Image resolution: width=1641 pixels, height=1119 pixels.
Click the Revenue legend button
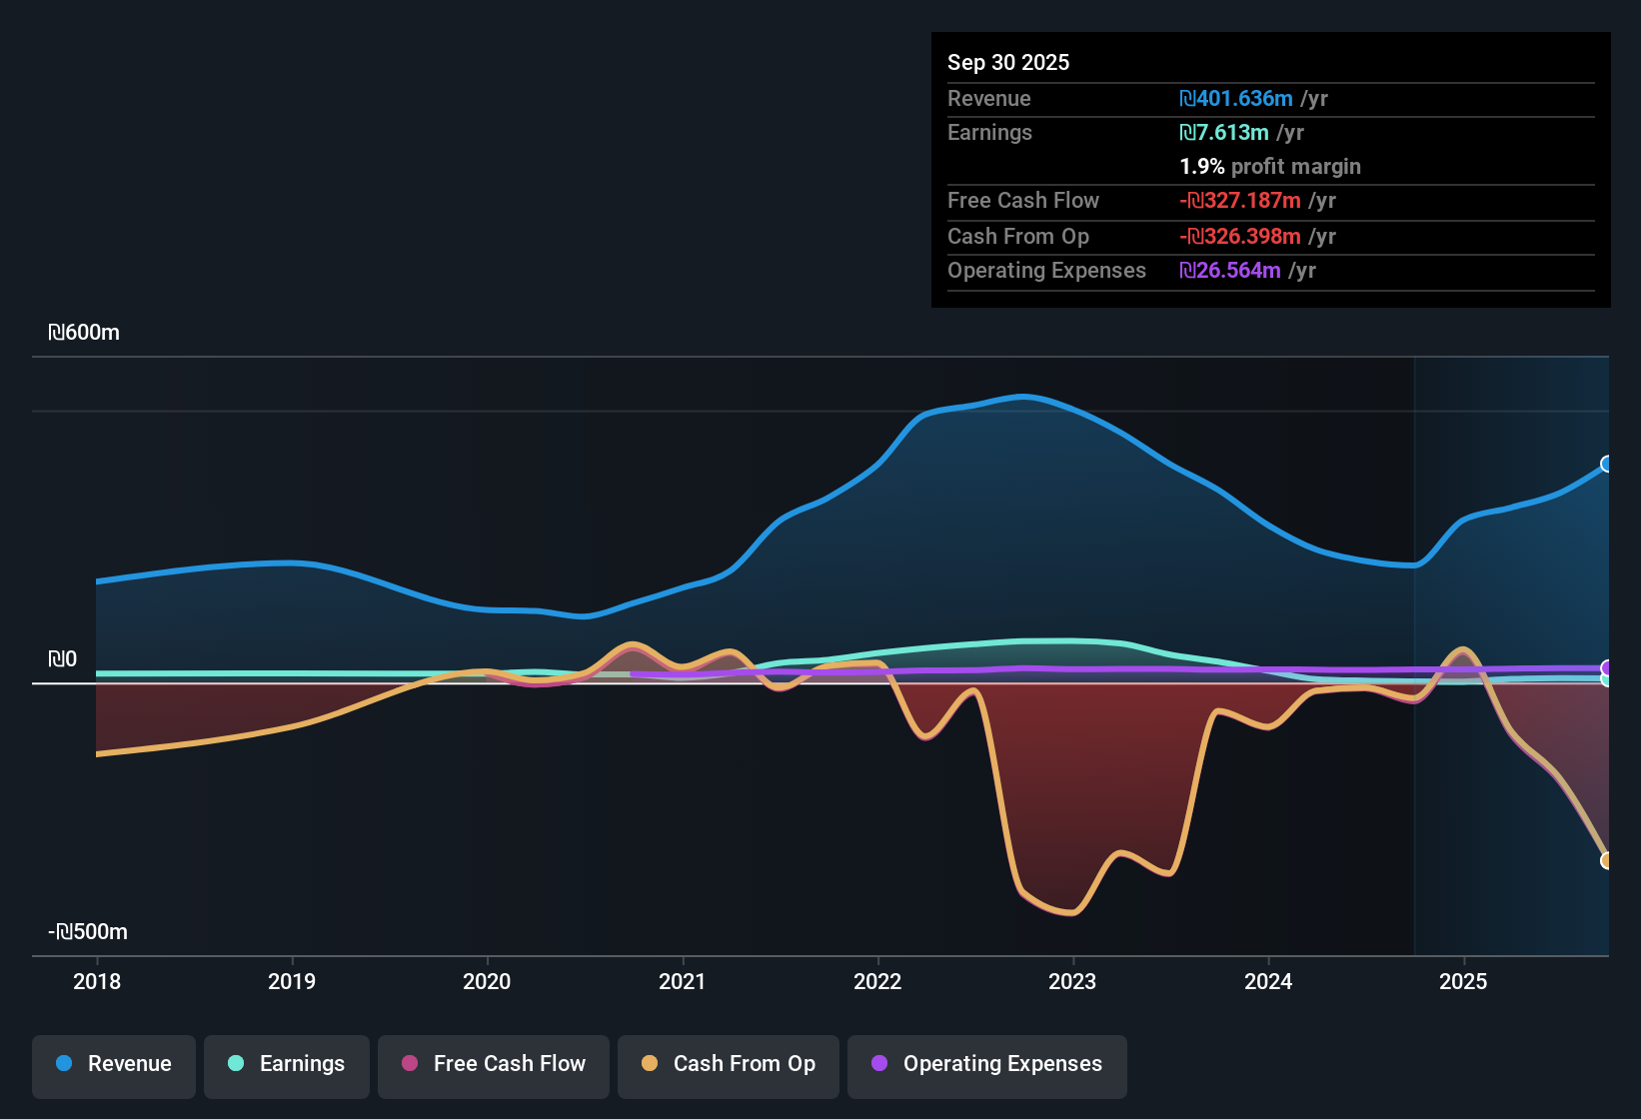click(x=114, y=1064)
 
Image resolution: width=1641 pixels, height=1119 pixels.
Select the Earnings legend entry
click(x=287, y=1064)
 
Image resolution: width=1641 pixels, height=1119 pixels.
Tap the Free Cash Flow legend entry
click(x=494, y=1064)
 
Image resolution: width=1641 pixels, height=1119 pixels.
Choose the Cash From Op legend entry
click(x=729, y=1064)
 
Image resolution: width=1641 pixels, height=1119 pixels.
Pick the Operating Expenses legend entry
click(x=987, y=1064)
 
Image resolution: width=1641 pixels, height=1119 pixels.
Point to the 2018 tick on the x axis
click(x=97, y=981)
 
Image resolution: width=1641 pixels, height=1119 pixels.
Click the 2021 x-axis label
click(x=683, y=981)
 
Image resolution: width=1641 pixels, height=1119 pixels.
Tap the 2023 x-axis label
click(x=1072, y=981)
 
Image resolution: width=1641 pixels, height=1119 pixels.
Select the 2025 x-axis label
click(x=1463, y=981)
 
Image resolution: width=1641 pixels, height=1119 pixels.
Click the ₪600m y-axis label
click(x=84, y=333)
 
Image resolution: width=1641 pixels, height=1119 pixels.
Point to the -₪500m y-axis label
click(x=88, y=932)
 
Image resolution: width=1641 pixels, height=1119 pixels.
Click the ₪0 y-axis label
click(x=62, y=659)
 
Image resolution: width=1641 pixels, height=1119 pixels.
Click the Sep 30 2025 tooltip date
click(x=1008, y=62)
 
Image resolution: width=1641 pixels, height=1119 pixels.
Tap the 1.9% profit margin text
click(x=1270, y=166)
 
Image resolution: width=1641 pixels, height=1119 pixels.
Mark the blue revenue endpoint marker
click(x=1607, y=464)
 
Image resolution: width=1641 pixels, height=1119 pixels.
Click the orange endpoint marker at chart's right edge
click(x=1607, y=860)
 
